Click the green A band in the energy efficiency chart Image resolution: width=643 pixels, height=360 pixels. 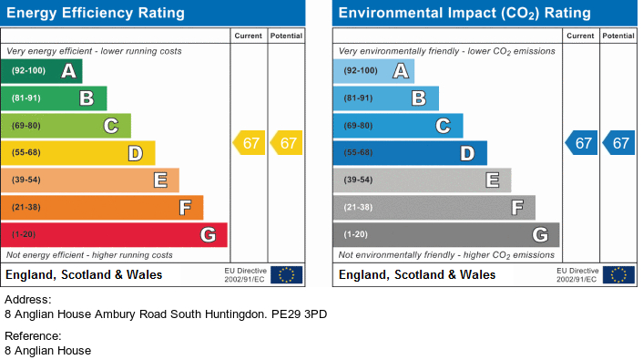point(43,71)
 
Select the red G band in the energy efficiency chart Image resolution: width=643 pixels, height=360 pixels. point(115,235)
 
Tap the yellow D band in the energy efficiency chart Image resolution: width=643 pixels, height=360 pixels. point(79,153)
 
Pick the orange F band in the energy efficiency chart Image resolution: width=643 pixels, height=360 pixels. point(103,208)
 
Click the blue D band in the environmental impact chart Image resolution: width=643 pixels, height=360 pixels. point(410,153)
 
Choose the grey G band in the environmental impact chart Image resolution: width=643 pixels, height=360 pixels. point(446,235)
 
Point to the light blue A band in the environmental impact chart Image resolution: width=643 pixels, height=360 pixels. point(373,71)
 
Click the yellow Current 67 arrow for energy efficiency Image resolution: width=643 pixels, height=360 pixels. point(250,143)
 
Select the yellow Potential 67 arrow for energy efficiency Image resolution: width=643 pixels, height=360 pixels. point(286,143)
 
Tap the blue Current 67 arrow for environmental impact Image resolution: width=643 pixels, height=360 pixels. point(582,143)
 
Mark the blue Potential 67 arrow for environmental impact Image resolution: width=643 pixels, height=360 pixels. point(618,143)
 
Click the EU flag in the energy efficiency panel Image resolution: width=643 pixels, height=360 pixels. point(287,274)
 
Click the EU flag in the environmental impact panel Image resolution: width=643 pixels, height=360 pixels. point(618,274)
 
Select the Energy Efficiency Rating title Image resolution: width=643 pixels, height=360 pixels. point(95,14)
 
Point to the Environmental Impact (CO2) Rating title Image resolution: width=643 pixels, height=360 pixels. point(464,14)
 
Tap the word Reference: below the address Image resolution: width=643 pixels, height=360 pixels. point(33,335)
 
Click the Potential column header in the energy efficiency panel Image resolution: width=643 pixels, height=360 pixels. point(286,36)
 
